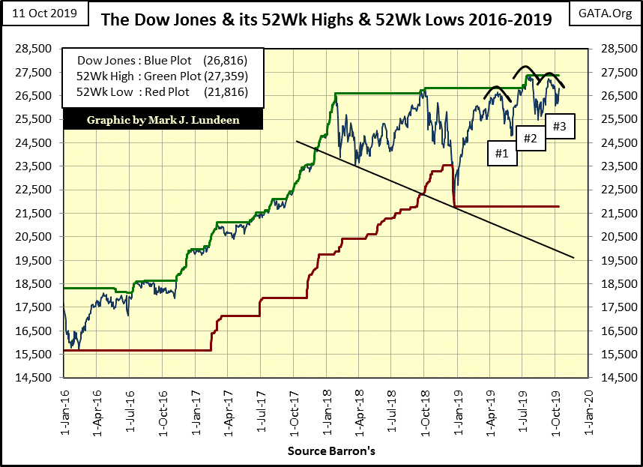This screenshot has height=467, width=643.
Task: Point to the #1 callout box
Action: click(x=501, y=153)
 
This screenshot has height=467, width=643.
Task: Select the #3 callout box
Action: click(x=559, y=126)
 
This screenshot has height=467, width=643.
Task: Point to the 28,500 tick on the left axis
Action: click(x=37, y=49)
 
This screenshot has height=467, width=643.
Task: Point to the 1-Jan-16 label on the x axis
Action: click(x=64, y=403)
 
